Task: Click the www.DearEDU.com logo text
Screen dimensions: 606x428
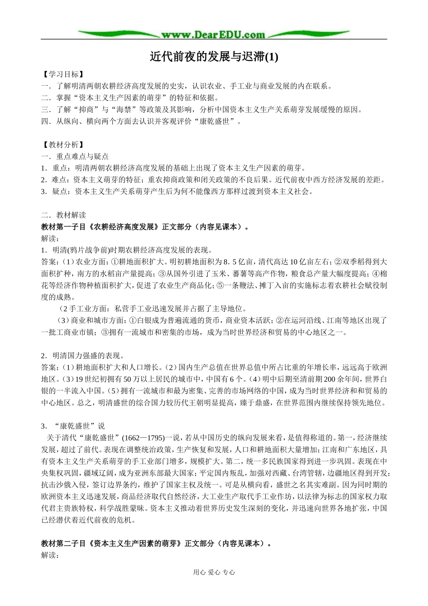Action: [x=213, y=34]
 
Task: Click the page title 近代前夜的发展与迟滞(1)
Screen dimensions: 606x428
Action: [x=214, y=57]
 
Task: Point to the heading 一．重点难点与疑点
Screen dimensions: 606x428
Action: [x=75, y=156]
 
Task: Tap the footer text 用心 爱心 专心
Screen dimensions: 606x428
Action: [x=214, y=572]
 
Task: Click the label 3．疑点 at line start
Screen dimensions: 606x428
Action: [x=53, y=192]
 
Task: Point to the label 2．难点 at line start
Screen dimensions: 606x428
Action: [x=53, y=180]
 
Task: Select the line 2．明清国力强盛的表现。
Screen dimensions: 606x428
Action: [x=83, y=355]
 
